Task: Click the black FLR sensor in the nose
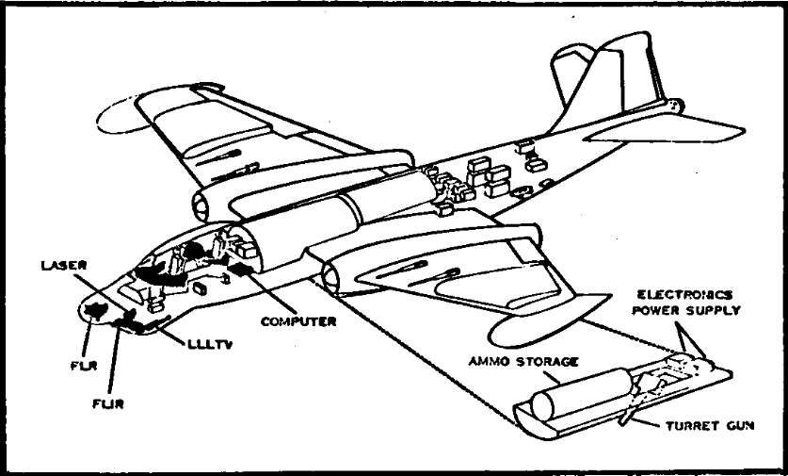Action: [x=95, y=309]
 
